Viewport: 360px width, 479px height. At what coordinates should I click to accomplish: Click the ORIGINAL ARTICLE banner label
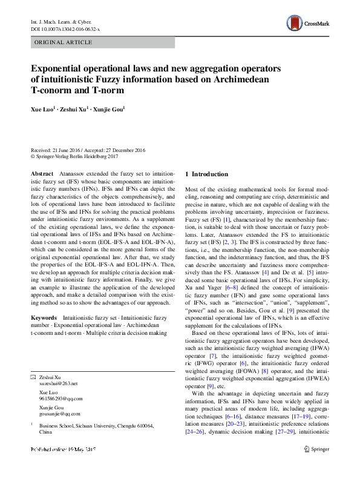[x=64, y=42]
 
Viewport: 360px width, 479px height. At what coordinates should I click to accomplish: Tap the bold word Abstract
[x=42, y=174]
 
